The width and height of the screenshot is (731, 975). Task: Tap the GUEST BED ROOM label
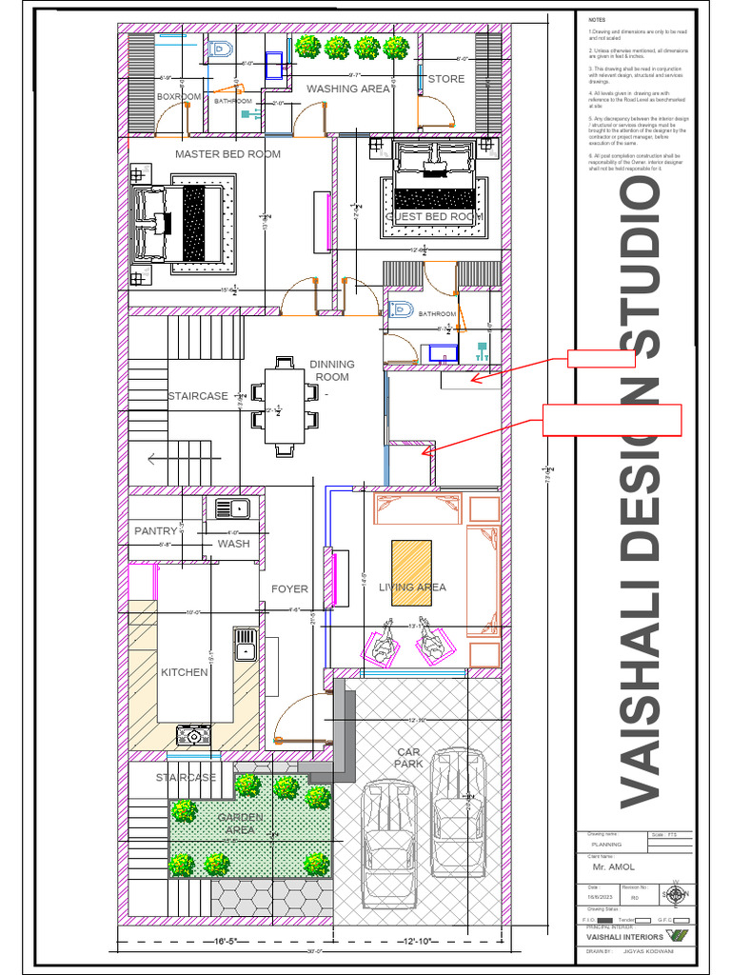[x=434, y=217]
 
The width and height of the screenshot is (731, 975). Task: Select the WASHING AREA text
[x=347, y=89]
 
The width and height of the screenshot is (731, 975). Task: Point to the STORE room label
[x=445, y=79]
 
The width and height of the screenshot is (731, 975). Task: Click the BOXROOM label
[x=179, y=96]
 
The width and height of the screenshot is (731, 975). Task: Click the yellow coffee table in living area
[x=411, y=573]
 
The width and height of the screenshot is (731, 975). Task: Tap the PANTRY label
[x=155, y=531]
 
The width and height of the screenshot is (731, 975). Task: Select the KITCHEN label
[x=184, y=672]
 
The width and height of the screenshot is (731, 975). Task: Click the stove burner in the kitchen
[x=194, y=734]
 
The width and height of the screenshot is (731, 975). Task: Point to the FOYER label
[x=289, y=589]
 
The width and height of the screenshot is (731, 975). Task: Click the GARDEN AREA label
[x=239, y=824]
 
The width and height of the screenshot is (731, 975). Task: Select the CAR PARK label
[x=408, y=758]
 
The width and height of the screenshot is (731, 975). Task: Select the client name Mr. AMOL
[x=607, y=868]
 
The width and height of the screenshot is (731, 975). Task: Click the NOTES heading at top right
[x=597, y=20]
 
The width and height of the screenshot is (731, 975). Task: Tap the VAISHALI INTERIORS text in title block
[x=624, y=937]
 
